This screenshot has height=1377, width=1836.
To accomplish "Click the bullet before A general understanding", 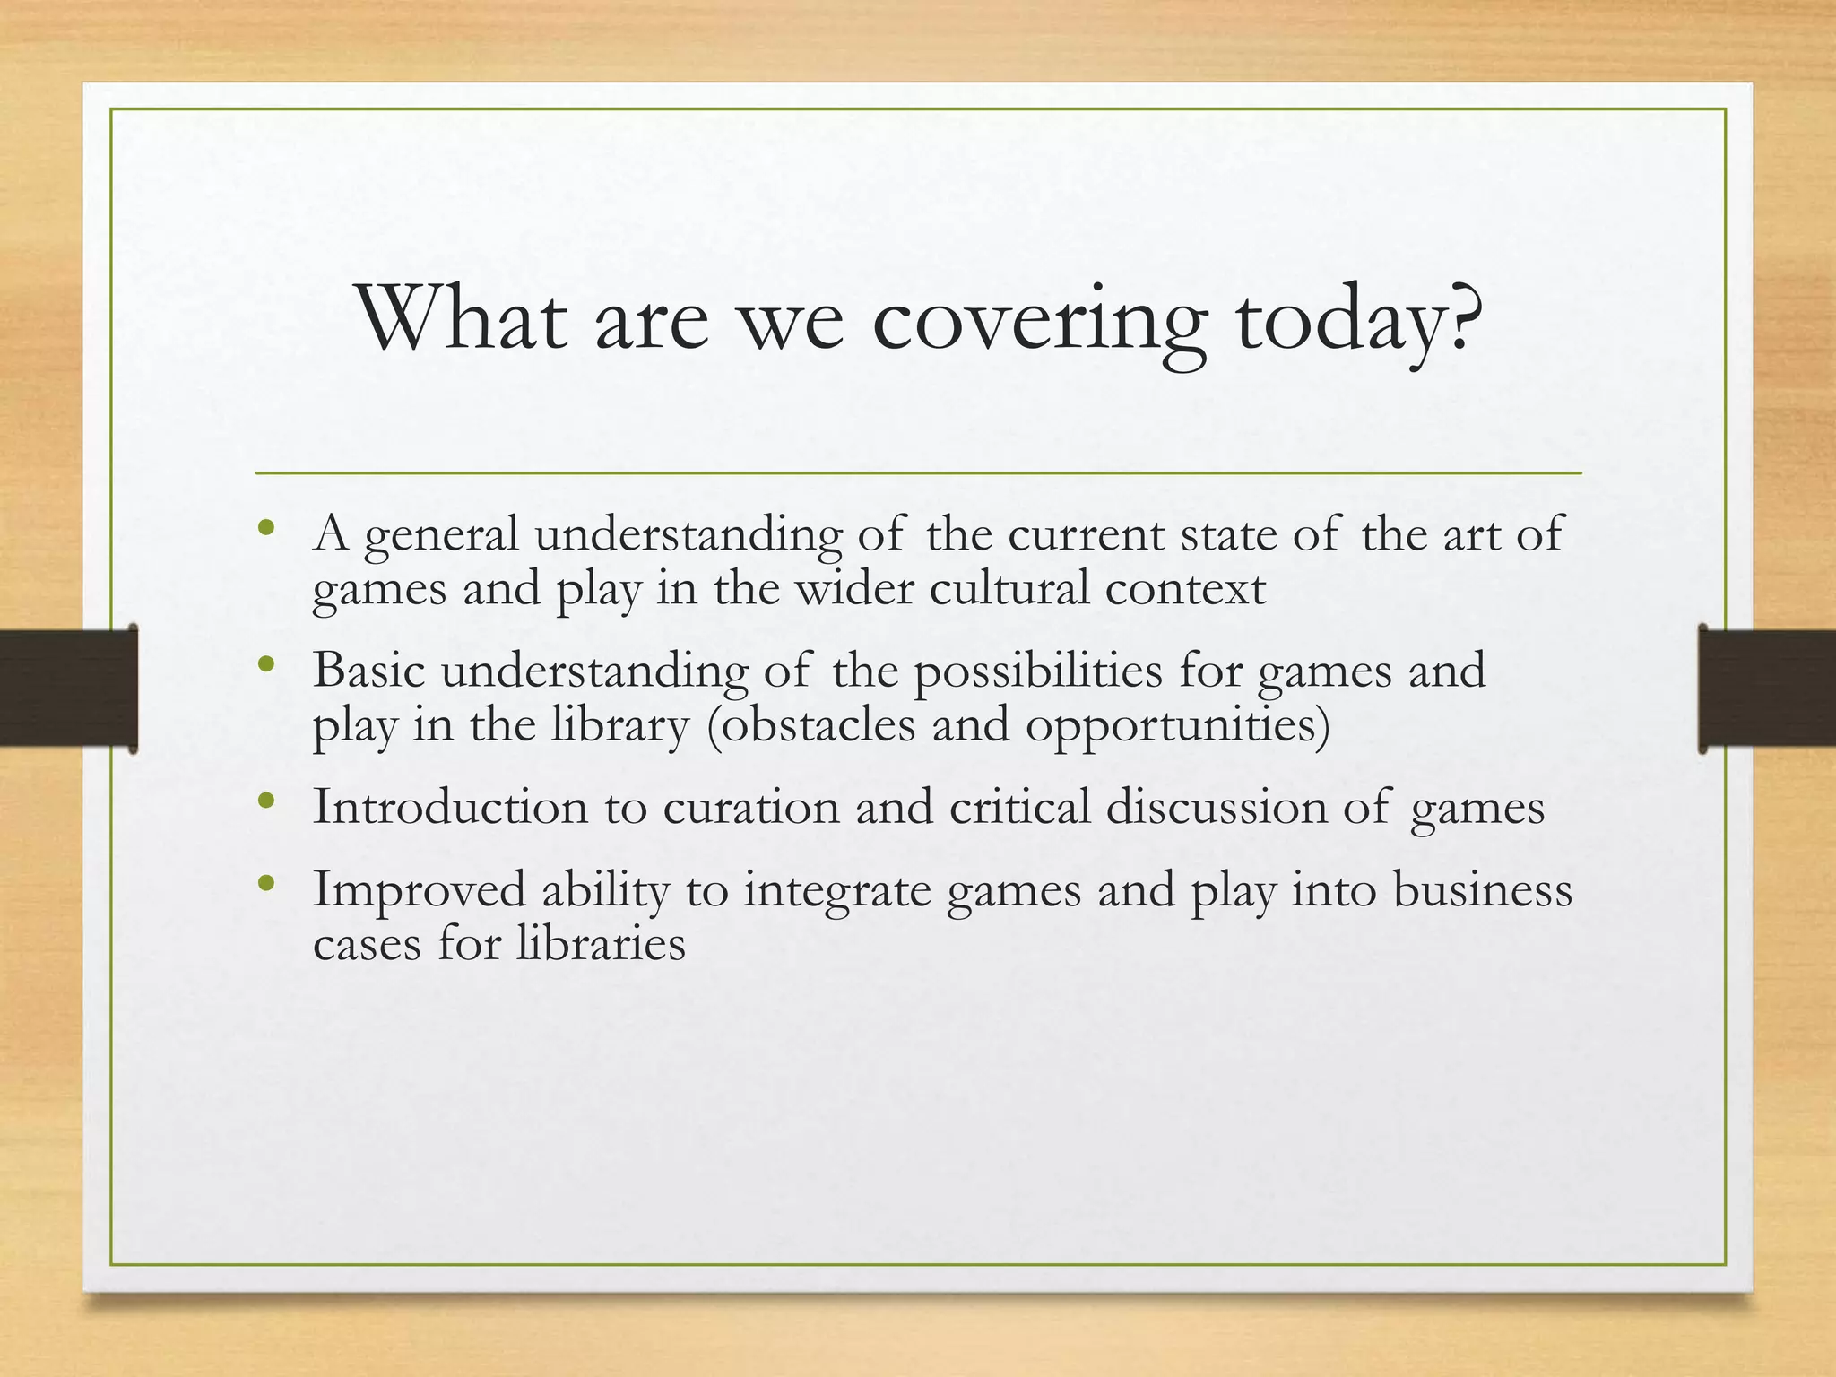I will (265, 528).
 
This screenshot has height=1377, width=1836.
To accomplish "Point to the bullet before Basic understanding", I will (265, 665).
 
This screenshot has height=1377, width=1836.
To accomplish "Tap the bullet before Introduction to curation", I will (265, 801).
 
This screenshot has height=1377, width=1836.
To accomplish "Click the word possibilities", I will (1037, 671).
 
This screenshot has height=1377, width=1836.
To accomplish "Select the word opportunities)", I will (1178, 726).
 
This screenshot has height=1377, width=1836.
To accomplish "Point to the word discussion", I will (1216, 806).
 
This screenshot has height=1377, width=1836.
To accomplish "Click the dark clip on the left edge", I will (68, 688).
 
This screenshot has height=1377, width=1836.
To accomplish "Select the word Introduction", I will (449, 806).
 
